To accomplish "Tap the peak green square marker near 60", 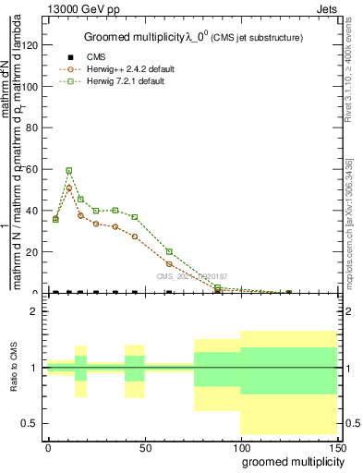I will pos(69,171).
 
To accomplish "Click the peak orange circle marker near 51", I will pos(69,188).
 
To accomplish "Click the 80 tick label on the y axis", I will pos(33,127).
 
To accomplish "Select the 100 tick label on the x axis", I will pos(242,446).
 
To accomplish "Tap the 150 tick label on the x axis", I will pos(339,446).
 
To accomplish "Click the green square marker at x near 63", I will pos(169,251).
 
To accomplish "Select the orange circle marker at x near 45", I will pos(135,236).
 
